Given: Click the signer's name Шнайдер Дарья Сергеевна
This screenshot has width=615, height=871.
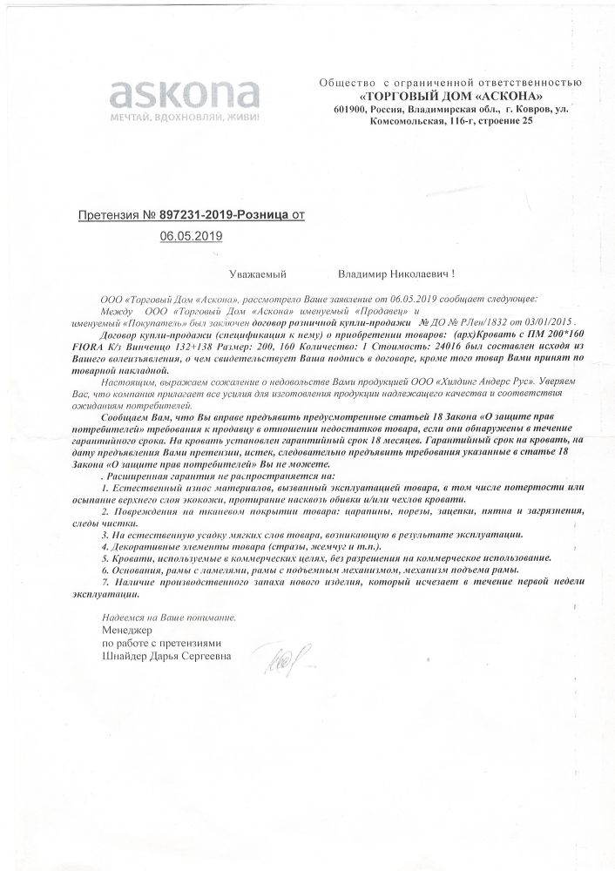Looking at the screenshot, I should pyautogui.click(x=166, y=658).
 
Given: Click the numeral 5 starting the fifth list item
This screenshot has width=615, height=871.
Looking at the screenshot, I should pyautogui.click(x=105, y=555).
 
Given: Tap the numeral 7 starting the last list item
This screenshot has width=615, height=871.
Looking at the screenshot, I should pyautogui.click(x=105, y=580).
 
